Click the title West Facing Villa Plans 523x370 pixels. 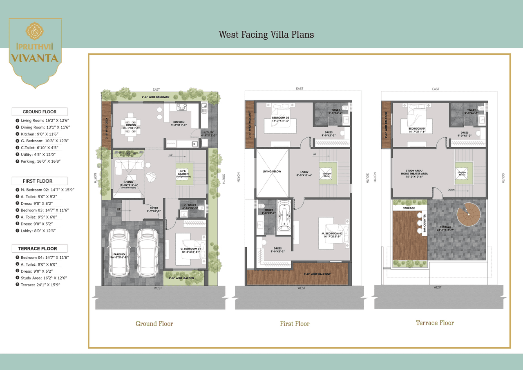pos(266,34)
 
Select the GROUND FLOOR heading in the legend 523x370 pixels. pos(39,112)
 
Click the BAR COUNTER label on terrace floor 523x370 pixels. pos(425,224)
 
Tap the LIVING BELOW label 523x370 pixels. pos(272,171)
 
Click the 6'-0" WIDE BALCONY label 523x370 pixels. pos(317,274)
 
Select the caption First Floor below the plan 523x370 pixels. pos(295,323)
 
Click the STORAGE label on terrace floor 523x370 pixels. pos(409,208)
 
